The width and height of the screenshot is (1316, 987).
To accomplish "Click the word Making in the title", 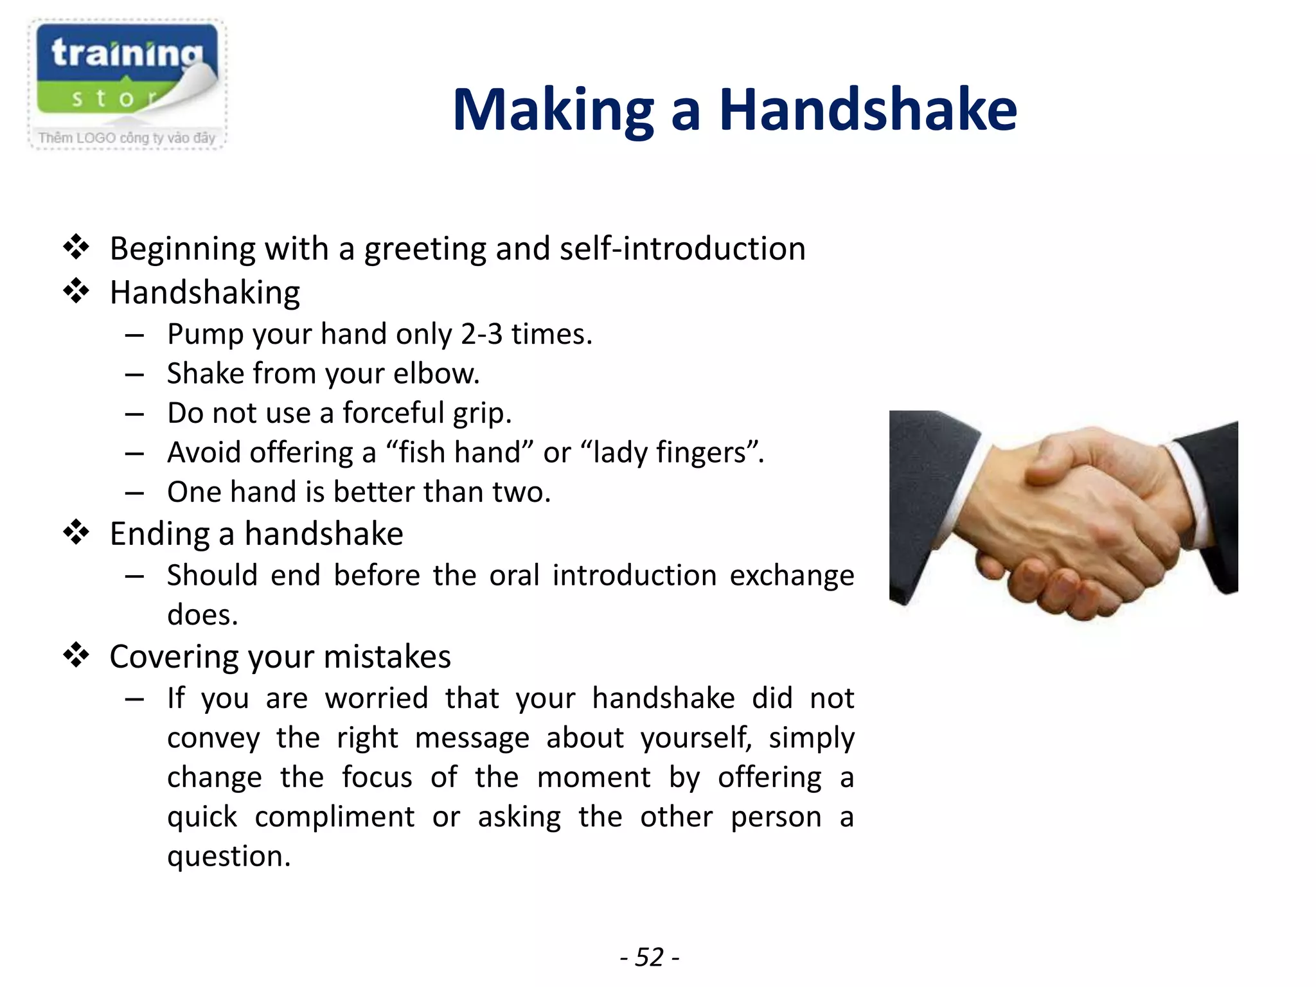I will tap(553, 111).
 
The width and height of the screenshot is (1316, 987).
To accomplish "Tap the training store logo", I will tap(127, 84).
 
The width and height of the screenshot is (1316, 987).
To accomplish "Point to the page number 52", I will tap(649, 957).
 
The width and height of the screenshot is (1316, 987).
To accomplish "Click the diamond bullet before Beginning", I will tap(76, 247).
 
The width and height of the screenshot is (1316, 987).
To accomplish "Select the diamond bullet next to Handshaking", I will tap(76, 291).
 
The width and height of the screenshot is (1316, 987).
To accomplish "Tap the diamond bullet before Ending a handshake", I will tap(76, 533).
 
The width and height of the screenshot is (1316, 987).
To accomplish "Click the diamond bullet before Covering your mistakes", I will tap(76, 655).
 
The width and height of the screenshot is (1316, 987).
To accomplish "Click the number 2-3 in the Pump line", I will tap(481, 334).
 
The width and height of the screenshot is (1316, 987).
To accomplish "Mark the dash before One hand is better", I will tap(134, 493).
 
